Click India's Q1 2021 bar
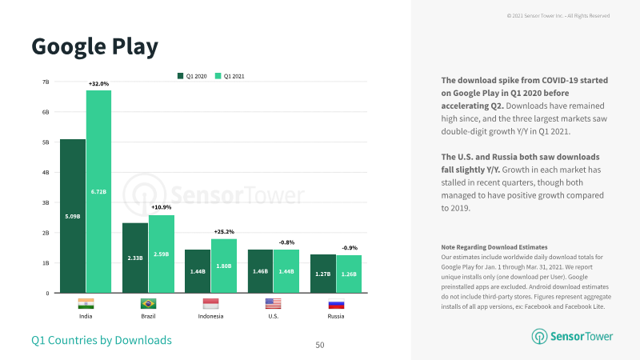point(98,191)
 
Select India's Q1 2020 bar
point(73,216)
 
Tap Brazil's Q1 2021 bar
point(162,254)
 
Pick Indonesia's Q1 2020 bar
point(198,271)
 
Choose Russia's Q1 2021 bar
point(349,274)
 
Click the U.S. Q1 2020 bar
point(261,271)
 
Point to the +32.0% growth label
point(98,84)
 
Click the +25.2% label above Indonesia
point(224,232)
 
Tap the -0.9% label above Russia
point(350,248)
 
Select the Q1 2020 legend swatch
point(181,76)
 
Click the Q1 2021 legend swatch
point(218,76)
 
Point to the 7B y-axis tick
point(46,82)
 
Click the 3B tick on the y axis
point(46,202)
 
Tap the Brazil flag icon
point(148,304)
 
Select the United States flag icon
point(273,304)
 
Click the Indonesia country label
point(210,316)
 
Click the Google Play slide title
point(94,47)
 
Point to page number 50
point(320,345)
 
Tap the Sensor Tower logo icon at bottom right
point(539,336)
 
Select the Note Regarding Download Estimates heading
point(494,247)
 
